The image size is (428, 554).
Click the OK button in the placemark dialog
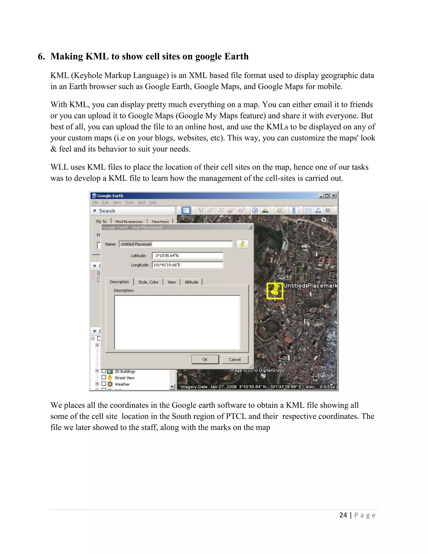tap(205, 359)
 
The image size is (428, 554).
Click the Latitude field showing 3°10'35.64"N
tap(187, 255)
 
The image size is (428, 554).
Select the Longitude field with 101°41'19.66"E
tap(187, 265)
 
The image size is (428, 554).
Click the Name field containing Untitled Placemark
tap(176, 244)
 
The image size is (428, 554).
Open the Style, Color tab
tap(148, 282)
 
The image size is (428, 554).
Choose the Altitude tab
tap(191, 282)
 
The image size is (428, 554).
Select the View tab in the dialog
tap(171, 282)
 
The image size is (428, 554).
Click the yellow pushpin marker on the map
tap(275, 291)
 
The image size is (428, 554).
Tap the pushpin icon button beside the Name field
tap(242, 244)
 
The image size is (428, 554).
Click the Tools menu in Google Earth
tap(130, 203)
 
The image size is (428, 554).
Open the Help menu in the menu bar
tap(153, 203)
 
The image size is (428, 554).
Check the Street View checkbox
tap(104, 377)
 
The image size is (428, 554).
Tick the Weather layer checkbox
tap(104, 384)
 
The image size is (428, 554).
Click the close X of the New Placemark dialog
tap(250, 227)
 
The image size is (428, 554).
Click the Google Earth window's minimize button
tap(321, 196)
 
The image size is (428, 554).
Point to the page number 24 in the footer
tap(343, 515)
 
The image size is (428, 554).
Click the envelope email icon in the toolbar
tap(308, 211)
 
